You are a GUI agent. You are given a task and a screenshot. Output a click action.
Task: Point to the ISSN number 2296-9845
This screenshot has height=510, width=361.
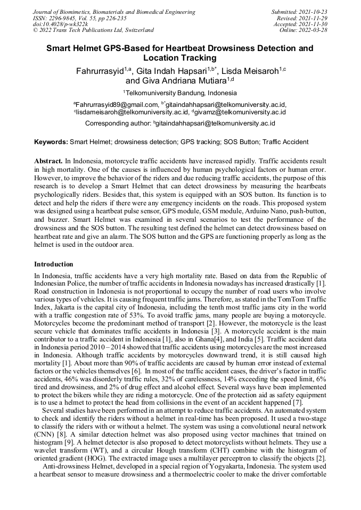coord(68,18)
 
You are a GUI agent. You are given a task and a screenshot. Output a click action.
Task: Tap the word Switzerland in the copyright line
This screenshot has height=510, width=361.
coord(136,30)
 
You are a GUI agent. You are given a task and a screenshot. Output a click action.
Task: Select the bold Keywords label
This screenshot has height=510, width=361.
coord(51,142)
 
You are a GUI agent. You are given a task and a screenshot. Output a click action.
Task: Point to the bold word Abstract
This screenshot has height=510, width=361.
coord(48,161)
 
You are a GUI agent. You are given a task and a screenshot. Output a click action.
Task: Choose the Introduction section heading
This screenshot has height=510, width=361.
coord(54,264)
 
